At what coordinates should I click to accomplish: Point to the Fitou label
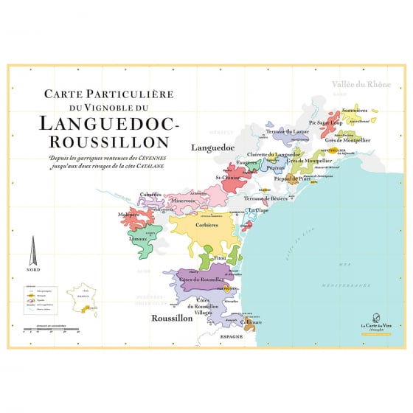(220, 259)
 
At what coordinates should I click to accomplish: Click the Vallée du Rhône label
(360, 85)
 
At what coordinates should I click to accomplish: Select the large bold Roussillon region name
(171, 319)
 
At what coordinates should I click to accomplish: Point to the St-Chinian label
(226, 178)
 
